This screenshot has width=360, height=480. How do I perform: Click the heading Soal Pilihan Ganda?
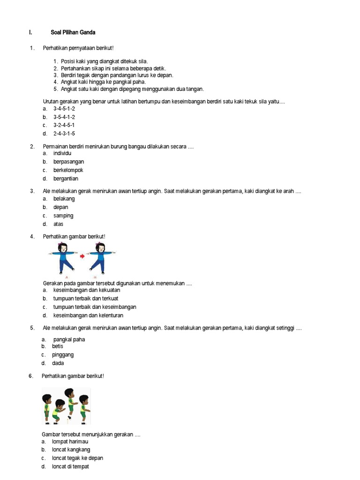coord(73,32)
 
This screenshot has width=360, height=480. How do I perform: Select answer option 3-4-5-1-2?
coord(64,108)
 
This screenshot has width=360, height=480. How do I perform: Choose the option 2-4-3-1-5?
coord(64,134)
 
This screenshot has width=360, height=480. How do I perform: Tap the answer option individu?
coord(62,153)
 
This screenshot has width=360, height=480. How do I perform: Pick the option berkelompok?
coord(68,170)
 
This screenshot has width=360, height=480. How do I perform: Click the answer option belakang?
coord(64,199)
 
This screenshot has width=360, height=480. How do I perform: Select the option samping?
coord(63,216)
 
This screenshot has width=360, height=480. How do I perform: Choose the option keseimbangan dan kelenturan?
coord(88,315)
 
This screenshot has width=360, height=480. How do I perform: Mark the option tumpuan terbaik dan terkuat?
coord(85,299)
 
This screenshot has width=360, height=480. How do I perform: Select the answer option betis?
coord(58,346)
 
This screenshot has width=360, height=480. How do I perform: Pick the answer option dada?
coord(58,363)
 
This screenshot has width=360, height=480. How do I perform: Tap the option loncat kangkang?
coord(71,450)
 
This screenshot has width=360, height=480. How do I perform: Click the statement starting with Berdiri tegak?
coord(117,75)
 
